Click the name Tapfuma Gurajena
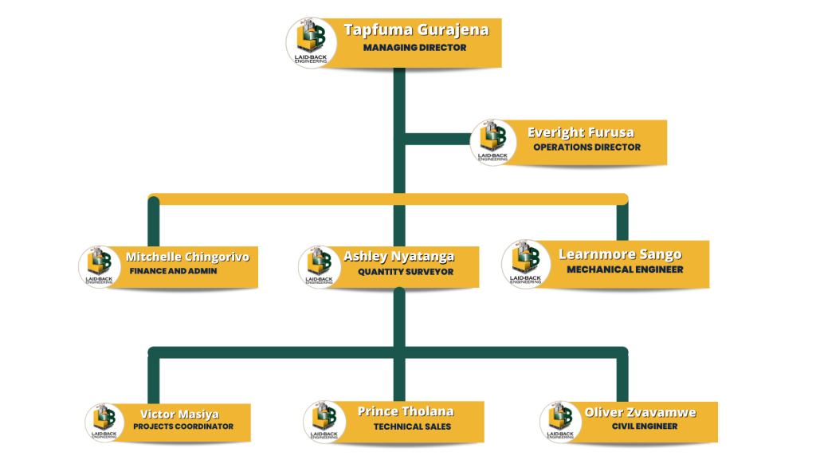416,30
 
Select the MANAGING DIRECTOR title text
414,48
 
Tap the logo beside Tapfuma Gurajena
312,42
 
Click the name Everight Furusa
581,132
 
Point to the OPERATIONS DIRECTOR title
586,147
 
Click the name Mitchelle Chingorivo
187,257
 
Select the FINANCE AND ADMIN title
173,271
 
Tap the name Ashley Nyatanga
399,257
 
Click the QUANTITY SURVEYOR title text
406,272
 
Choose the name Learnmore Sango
620,254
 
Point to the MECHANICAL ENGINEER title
625,269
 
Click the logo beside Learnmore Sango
526,264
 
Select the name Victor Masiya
179,415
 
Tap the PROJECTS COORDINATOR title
183,427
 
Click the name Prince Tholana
406,411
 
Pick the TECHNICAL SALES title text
412,427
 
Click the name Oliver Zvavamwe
640,412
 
